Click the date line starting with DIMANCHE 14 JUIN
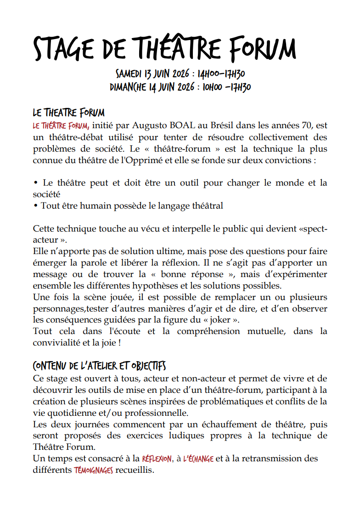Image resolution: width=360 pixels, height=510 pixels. point(180,87)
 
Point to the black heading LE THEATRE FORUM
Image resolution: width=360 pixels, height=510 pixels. point(68,113)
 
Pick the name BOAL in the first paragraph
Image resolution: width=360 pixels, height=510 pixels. point(186,125)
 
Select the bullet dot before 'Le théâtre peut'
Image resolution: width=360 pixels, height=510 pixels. point(35,183)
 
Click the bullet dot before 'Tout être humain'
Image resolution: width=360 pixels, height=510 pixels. point(35,206)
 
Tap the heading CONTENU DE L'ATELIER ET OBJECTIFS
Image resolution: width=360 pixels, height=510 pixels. point(99,366)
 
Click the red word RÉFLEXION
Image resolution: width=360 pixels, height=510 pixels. point(157,459)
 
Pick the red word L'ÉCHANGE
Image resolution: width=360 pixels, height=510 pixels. point(198,459)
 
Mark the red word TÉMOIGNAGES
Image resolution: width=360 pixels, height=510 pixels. point(93,470)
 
